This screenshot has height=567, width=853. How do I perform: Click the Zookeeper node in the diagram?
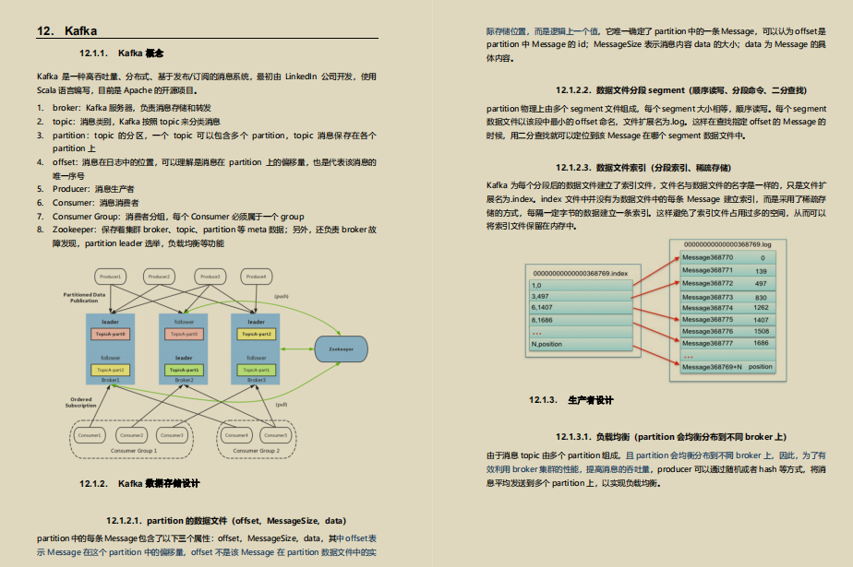(340, 348)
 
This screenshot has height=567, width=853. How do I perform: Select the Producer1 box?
(111, 277)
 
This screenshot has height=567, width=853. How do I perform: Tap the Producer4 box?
(256, 277)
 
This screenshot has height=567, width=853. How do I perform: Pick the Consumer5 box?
(278, 434)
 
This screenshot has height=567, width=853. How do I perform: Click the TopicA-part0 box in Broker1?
(111, 334)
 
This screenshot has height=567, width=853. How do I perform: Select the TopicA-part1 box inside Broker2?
(184, 370)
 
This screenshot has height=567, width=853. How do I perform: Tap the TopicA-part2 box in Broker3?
(257, 334)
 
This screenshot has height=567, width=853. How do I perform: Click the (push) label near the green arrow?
(281, 296)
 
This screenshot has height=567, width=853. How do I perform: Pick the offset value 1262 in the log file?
(760, 308)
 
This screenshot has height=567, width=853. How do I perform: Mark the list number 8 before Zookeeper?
(41, 229)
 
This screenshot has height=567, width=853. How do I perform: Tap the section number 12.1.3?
(543, 400)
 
